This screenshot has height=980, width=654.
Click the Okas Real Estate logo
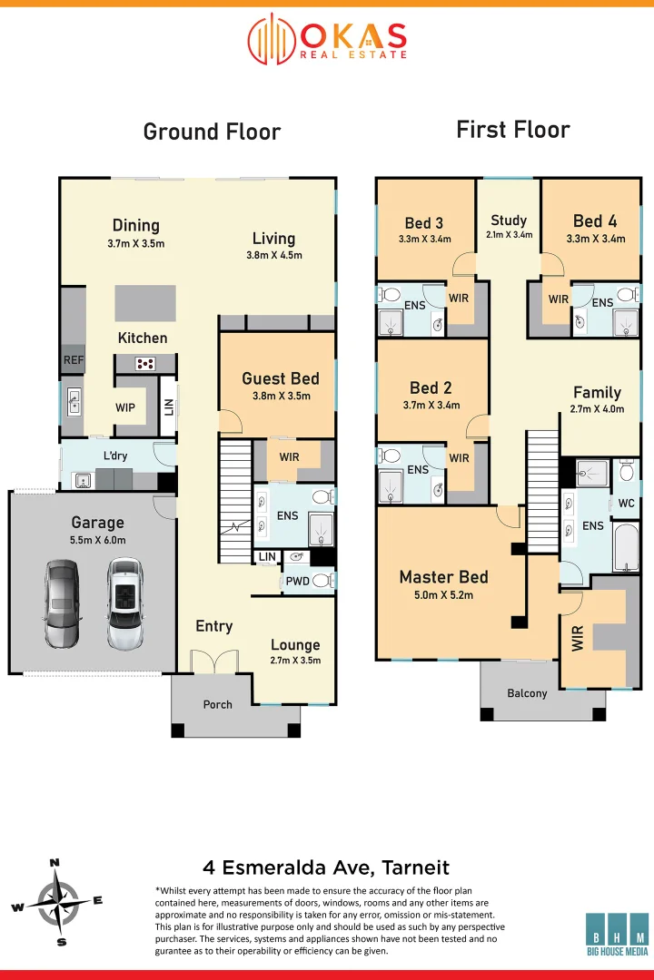coord(327,39)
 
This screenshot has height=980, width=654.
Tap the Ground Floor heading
coord(213,132)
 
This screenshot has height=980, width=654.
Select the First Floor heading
coord(513,130)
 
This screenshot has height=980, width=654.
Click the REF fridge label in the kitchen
coord(74,360)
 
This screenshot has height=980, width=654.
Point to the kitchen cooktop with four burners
coord(145,363)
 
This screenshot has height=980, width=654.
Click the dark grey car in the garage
coord(63,603)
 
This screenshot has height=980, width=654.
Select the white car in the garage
coord(125,603)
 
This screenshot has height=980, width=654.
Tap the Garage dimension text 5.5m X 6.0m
coord(97,540)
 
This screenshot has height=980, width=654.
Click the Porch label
coord(218,704)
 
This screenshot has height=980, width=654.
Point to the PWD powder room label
coord(297,581)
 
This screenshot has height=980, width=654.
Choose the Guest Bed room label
coord(281,378)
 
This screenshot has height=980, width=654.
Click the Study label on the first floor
coord(509,220)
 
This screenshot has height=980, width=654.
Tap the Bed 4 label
coord(595,220)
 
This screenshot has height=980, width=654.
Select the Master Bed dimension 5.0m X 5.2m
coord(443,595)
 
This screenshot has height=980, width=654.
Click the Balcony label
coord(527,693)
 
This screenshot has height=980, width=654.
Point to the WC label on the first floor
coord(627,503)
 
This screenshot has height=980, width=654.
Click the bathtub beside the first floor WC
coord(627,547)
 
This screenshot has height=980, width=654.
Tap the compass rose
coord(57,903)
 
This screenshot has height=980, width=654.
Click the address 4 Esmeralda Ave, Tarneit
coord(326,867)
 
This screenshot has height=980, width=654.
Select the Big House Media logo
coord(617,935)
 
